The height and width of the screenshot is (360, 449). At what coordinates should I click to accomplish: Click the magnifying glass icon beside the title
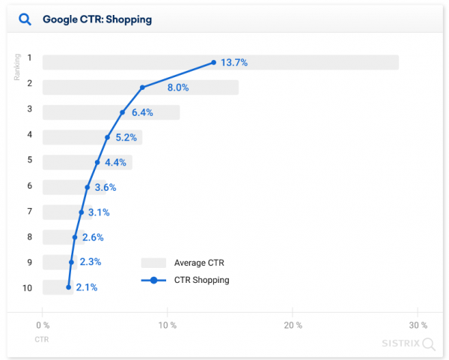[25, 19]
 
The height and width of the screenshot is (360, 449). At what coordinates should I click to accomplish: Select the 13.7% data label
[233, 63]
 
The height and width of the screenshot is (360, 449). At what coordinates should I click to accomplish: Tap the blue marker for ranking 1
[214, 63]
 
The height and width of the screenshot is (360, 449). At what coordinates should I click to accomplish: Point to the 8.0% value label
[178, 88]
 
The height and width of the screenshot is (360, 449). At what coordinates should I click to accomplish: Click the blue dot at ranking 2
[142, 88]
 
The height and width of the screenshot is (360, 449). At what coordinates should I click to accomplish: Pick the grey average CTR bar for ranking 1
[299, 63]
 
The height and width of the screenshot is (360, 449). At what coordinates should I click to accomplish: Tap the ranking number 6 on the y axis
[30, 186]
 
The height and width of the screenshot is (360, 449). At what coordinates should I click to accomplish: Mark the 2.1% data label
[87, 287]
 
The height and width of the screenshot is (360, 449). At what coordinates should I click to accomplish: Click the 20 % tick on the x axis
[293, 326]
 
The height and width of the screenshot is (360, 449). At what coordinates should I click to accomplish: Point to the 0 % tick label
[43, 326]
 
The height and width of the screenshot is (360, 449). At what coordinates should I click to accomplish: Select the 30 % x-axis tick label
[418, 326]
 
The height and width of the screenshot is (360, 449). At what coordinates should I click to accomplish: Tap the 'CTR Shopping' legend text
[201, 281]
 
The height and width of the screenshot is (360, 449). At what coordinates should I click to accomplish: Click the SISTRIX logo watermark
[401, 344]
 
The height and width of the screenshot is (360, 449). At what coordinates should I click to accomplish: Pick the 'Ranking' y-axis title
[17, 67]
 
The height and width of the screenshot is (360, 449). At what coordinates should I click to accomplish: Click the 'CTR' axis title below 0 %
[42, 340]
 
